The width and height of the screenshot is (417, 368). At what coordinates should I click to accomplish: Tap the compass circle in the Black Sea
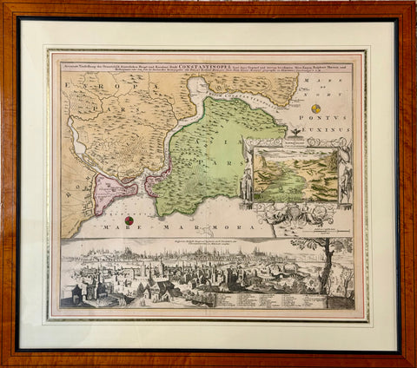click(315, 108)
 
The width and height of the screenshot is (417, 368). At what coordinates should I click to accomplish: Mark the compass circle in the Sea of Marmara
click(128, 220)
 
